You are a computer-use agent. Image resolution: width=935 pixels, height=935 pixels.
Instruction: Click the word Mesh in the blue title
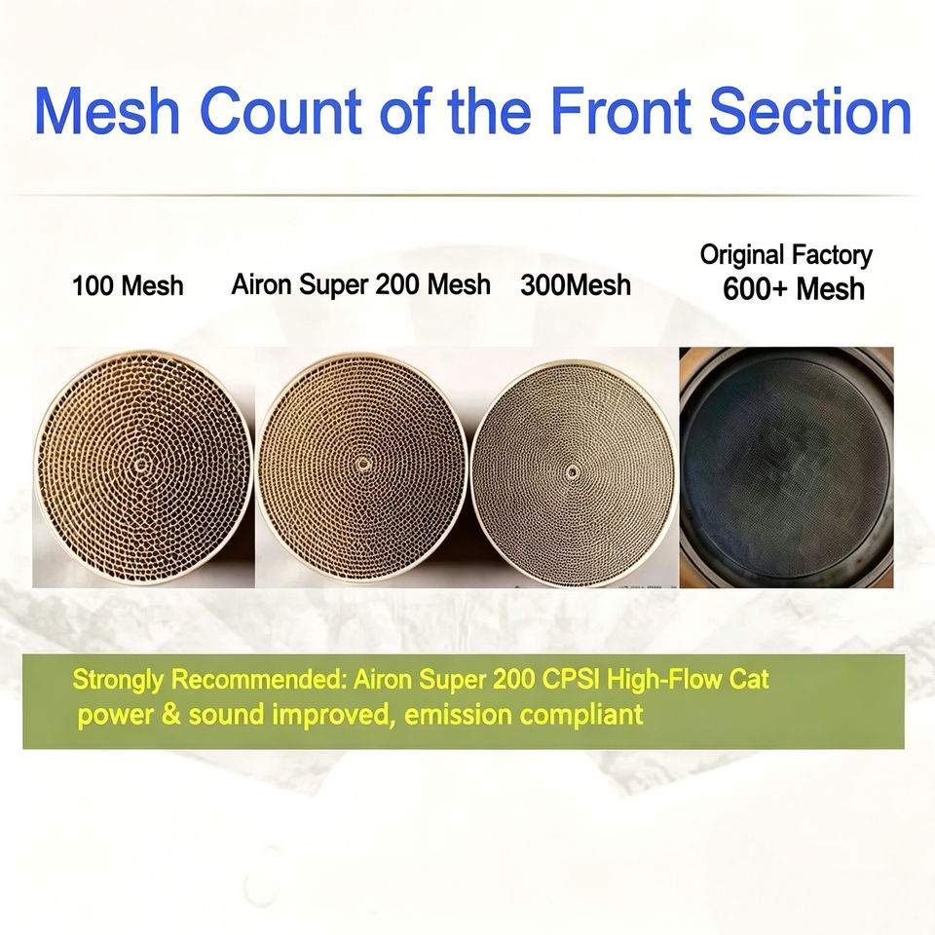tap(107, 110)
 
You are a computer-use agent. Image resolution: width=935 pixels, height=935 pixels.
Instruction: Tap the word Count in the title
tap(280, 110)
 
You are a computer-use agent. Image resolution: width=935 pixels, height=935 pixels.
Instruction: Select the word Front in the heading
tap(620, 110)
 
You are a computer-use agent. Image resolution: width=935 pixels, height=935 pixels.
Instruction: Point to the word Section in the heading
tap(810, 110)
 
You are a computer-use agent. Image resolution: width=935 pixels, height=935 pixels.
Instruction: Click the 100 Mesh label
tap(128, 285)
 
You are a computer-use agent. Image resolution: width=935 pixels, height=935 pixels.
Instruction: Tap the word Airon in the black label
tap(262, 283)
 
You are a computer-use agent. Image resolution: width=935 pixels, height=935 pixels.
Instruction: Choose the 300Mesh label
tap(576, 285)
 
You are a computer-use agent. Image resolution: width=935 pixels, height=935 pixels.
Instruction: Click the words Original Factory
tap(786, 254)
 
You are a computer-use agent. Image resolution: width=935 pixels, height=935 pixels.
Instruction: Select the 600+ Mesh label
tap(794, 288)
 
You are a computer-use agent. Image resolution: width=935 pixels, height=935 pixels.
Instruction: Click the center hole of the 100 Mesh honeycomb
tap(141, 464)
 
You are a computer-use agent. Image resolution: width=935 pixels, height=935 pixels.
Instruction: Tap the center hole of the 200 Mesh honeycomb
tap(362, 463)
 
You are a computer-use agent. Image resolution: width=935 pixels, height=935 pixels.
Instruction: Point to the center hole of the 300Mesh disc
tap(573, 472)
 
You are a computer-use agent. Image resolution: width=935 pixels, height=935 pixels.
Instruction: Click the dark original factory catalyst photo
tap(787, 467)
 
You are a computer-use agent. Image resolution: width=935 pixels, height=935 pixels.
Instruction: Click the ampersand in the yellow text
tap(171, 714)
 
